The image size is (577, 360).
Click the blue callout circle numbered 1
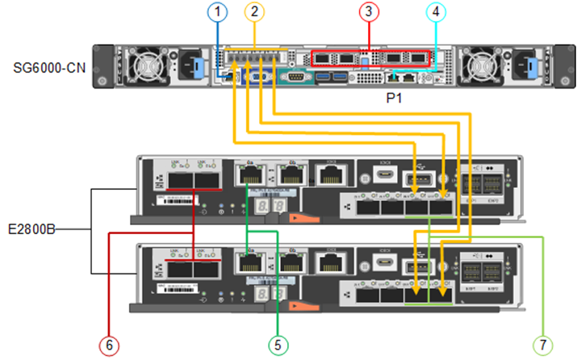pyautogui.click(x=216, y=12)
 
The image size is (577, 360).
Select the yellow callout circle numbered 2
pyautogui.click(x=255, y=12)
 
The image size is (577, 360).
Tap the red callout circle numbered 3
pyautogui.click(x=369, y=12)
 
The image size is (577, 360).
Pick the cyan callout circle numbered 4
pyautogui.click(x=436, y=12)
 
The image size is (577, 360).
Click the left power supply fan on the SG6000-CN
pyautogui.click(x=144, y=63)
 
